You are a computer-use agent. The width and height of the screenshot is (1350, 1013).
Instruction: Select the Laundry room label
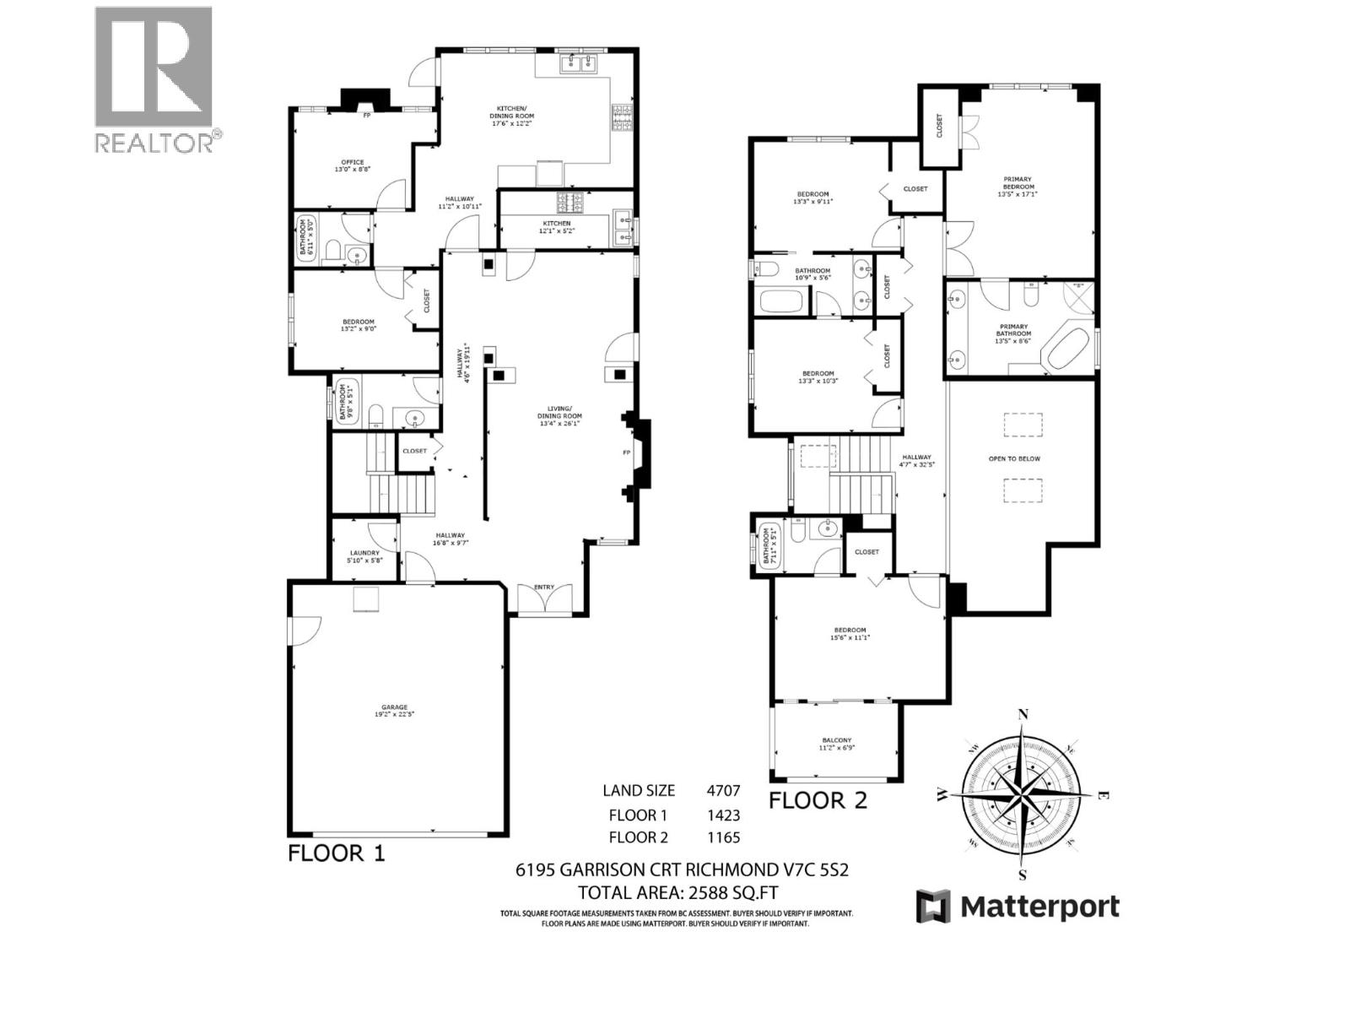click(x=364, y=555)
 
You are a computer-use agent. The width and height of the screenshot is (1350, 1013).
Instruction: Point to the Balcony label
click(x=835, y=744)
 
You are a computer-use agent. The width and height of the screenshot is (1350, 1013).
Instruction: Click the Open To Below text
click(x=1014, y=458)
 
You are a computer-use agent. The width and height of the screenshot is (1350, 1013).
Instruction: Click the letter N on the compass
click(x=1023, y=714)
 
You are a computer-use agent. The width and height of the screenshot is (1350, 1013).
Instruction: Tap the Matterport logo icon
click(x=933, y=907)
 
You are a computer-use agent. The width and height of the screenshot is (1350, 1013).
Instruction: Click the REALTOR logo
click(x=154, y=80)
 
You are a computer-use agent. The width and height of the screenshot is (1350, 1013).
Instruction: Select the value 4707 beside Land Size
click(x=723, y=791)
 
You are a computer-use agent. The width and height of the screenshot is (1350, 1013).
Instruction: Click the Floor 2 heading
click(x=818, y=800)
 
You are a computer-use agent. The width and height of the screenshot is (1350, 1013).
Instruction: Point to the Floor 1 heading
click(x=337, y=853)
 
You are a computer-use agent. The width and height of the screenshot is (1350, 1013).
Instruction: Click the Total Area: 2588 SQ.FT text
click(x=678, y=892)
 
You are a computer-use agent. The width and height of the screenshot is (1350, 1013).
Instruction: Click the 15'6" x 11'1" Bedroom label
click(x=850, y=633)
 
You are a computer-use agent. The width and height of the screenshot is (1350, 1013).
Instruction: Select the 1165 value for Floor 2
click(x=723, y=837)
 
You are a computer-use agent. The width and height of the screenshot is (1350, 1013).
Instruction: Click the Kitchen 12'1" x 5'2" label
click(x=556, y=227)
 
